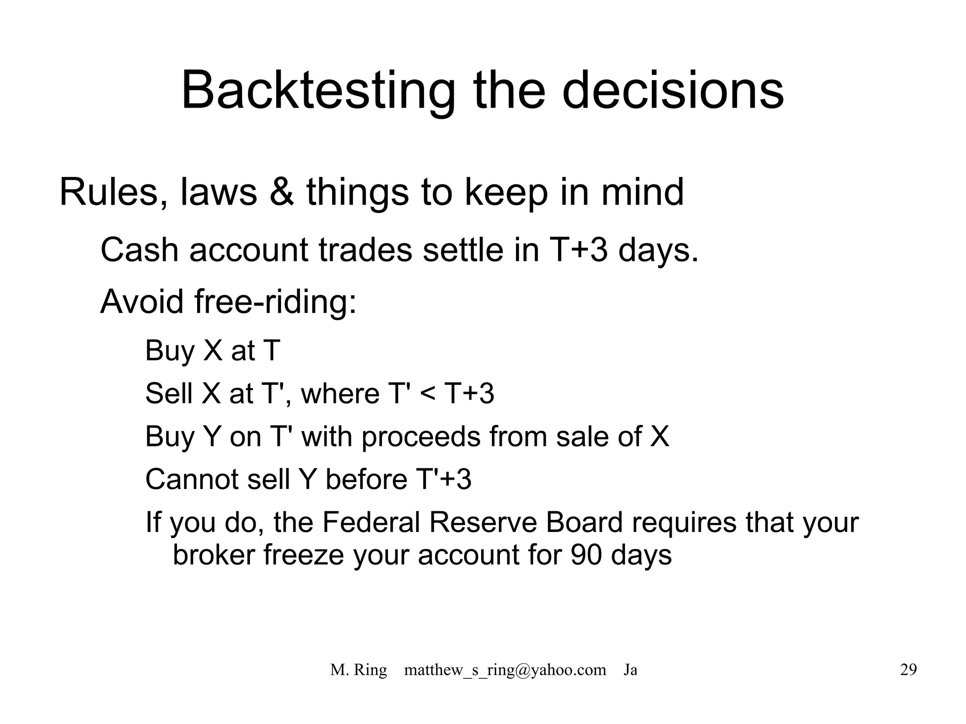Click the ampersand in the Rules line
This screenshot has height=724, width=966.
point(282,192)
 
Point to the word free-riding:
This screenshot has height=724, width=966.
point(275,302)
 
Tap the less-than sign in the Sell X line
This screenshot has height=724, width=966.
point(427,393)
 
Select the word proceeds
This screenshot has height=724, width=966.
point(421,437)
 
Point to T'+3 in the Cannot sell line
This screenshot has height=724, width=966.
point(444,480)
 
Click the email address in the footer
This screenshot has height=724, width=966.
point(505,670)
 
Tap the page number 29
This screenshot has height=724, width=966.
point(908,670)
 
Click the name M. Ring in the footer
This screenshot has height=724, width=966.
point(358,670)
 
